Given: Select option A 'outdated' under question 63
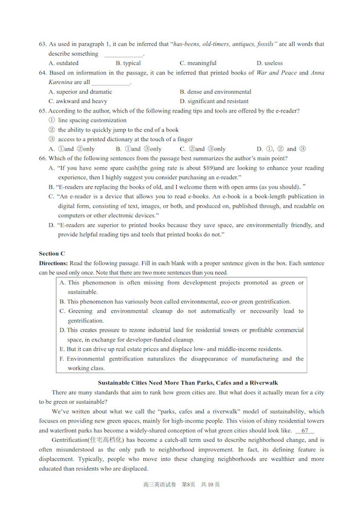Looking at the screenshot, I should [x=63, y=63].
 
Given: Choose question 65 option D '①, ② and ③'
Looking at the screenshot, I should [x=281, y=149].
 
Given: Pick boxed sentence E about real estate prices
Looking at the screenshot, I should [x=171, y=349].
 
